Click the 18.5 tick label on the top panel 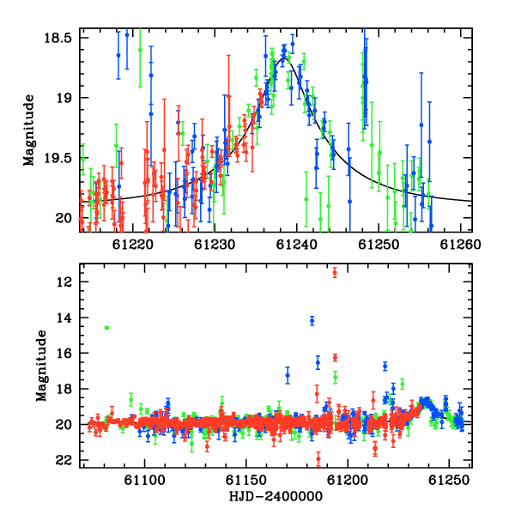click(x=58, y=38)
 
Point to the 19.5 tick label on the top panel click(x=58, y=158)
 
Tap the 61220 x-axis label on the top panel click(x=133, y=245)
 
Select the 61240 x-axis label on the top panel click(x=297, y=245)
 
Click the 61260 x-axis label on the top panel click(x=460, y=245)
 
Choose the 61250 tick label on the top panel click(x=379, y=245)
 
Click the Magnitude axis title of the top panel click(x=29, y=130)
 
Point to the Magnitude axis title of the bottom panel click(x=41, y=366)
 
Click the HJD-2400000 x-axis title click(x=276, y=496)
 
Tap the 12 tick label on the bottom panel click(x=64, y=282)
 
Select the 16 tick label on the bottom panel click(x=64, y=354)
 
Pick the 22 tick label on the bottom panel click(x=64, y=460)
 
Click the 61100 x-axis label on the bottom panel click(x=144, y=481)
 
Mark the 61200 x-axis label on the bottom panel click(x=348, y=481)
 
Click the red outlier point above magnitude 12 click(x=335, y=273)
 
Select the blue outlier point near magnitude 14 click(x=312, y=320)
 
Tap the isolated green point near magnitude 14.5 click(x=106, y=328)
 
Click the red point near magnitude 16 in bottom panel click(x=335, y=358)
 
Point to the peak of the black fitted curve click(x=284, y=58)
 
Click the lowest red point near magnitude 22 click(x=318, y=459)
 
